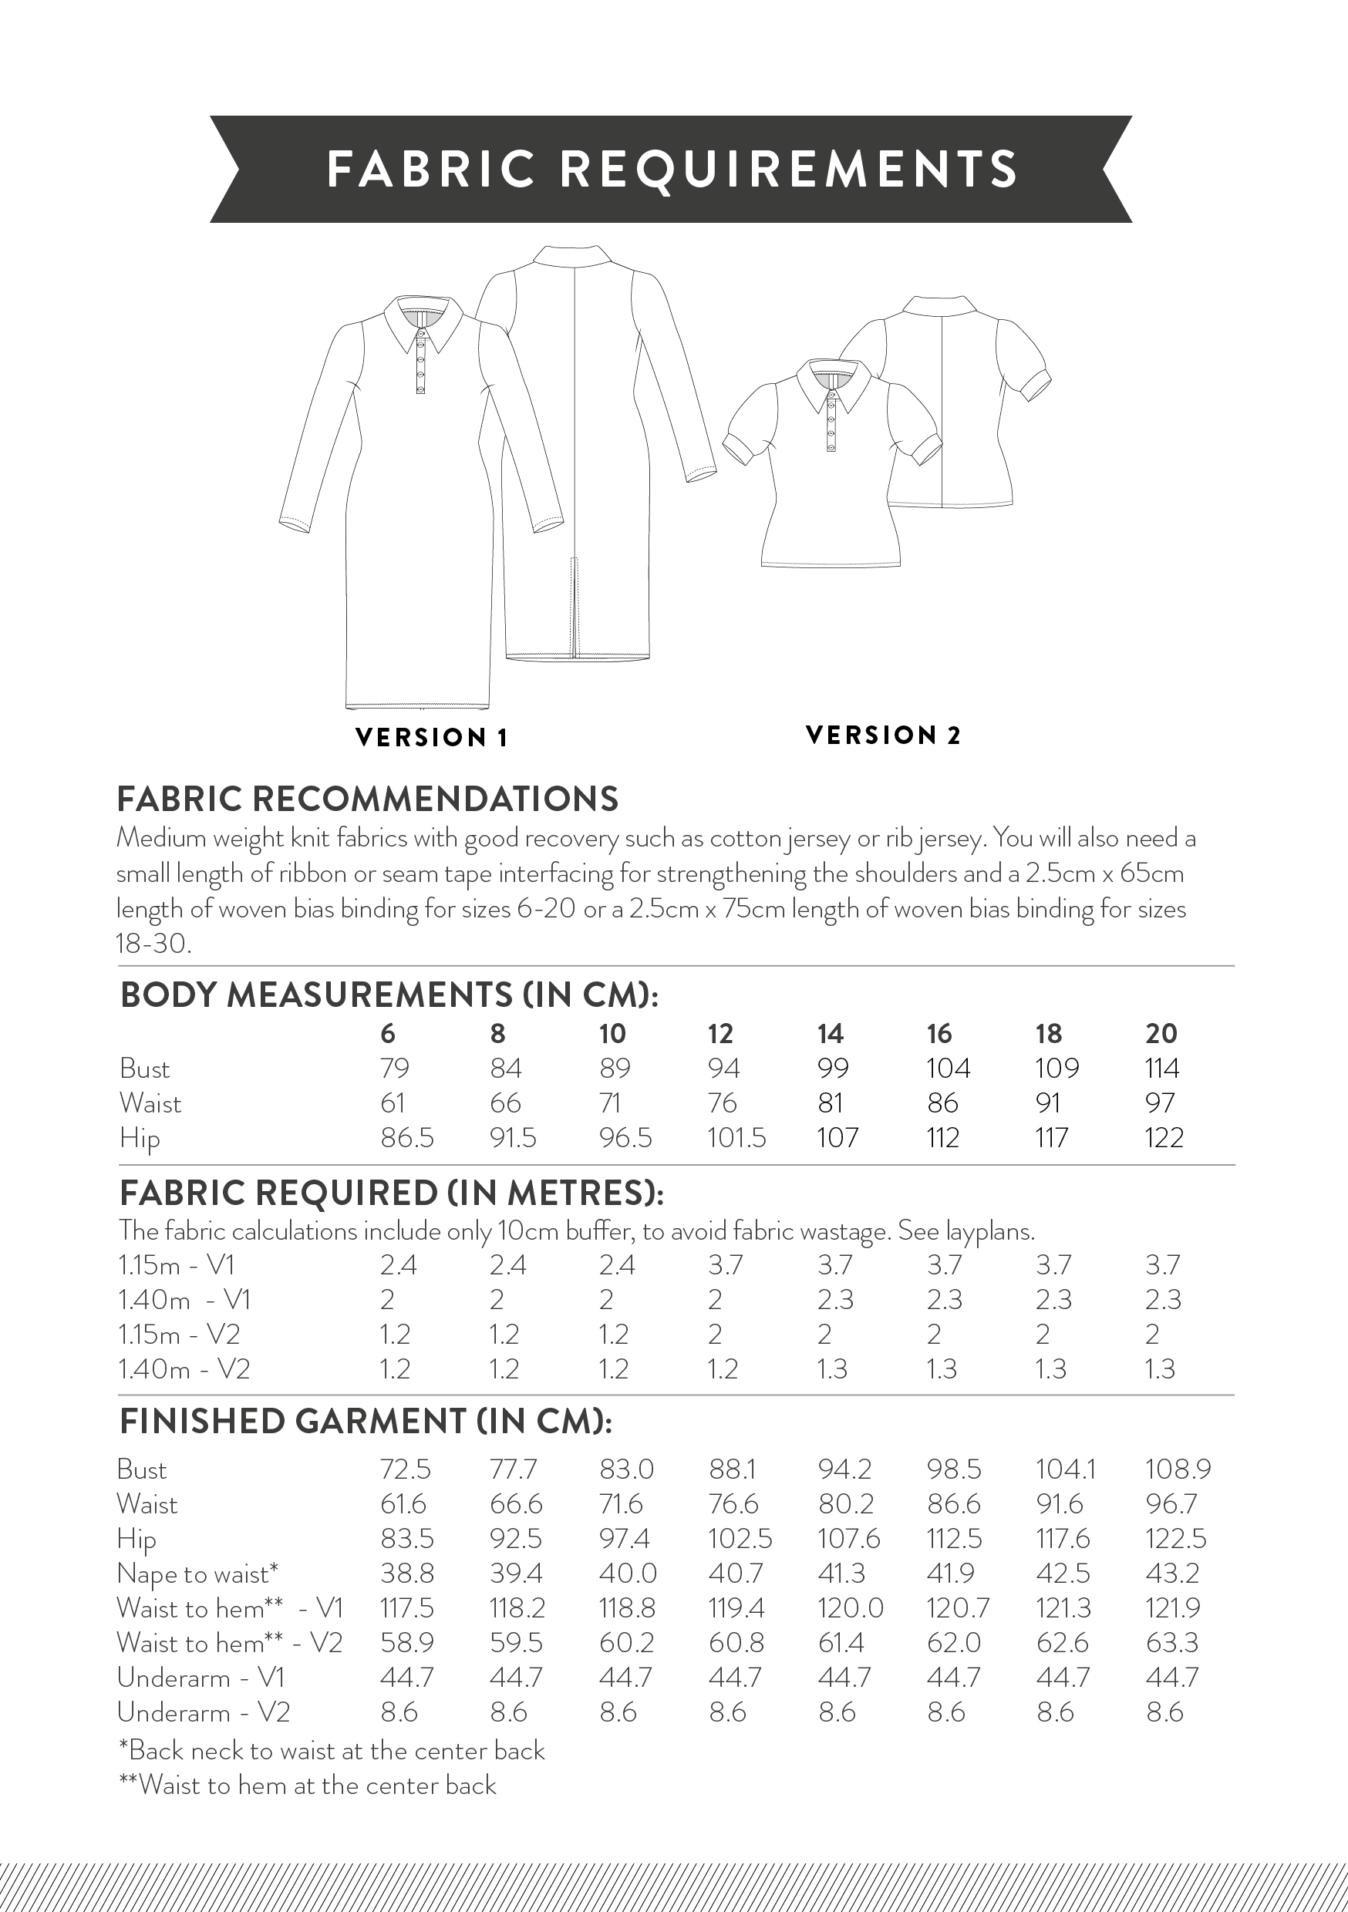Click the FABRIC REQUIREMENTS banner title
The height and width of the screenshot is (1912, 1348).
(672, 169)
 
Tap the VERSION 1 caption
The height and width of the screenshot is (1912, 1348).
(432, 738)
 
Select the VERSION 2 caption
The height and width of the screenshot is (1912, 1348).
(883, 736)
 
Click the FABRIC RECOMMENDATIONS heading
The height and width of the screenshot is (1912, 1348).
(367, 799)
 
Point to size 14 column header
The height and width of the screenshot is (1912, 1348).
(830, 1033)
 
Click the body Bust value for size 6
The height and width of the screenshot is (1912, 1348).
(395, 1069)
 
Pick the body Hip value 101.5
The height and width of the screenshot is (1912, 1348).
(736, 1137)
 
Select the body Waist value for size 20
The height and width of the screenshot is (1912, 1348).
(1160, 1103)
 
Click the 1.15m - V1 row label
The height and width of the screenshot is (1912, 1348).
(177, 1266)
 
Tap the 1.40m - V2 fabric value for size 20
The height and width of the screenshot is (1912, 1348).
(1160, 1369)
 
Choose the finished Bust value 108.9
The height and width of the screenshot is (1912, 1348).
(1178, 1469)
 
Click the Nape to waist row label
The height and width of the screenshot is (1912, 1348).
(197, 1574)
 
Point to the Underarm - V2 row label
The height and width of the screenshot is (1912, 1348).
(204, 1712)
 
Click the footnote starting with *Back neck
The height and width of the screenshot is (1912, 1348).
(332, 1750)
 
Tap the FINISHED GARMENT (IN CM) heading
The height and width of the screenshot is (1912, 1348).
(366, 1422)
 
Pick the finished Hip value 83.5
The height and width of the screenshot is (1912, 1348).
(406, 1539)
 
